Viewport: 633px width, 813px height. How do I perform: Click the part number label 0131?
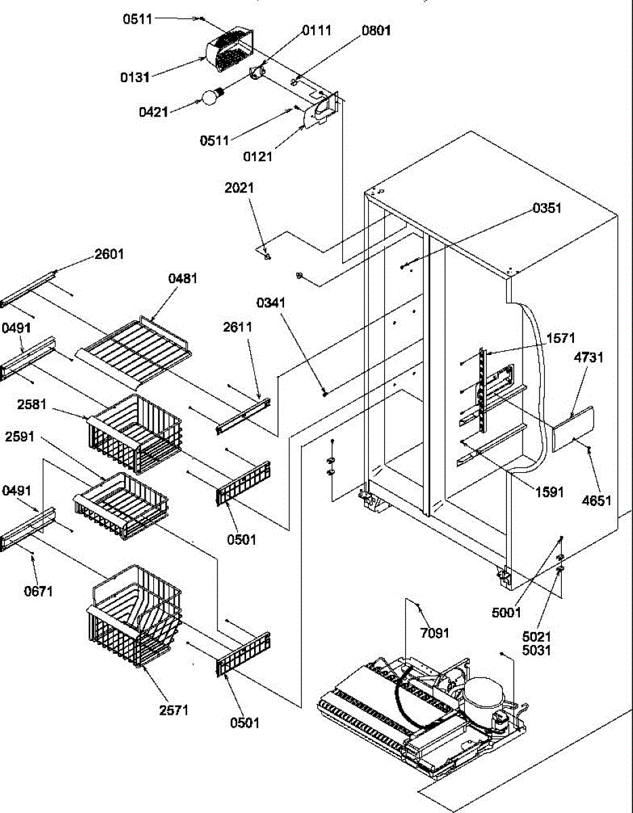tap(136, 77)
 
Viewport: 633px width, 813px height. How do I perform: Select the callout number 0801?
tap(376, 30)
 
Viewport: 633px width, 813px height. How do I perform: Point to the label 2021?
tap(239, 188)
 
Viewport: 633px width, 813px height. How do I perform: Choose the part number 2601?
tap(109, 255)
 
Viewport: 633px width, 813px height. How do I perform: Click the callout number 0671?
tap(37, 591)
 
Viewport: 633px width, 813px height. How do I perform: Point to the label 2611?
tap(238, 327)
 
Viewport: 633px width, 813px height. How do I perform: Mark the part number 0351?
tap(546, 208)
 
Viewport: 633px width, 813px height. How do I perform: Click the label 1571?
tap(560, 337)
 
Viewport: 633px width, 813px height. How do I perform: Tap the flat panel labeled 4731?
tap(573, 429)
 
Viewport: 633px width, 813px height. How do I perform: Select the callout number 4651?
tap(597, 501)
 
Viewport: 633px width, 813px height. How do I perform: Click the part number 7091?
tap(434, 633)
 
